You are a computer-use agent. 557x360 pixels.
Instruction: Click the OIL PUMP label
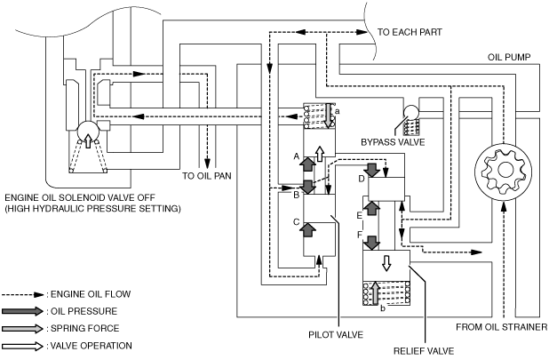(509, 57)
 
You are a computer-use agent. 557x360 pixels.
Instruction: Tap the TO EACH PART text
(410, 32)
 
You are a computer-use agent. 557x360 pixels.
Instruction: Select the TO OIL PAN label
(207, 176)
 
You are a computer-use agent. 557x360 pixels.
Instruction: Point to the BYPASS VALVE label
(393, 142)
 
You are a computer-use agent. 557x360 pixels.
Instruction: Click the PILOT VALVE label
(336, 335)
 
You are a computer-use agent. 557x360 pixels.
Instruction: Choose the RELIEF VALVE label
(424, 351)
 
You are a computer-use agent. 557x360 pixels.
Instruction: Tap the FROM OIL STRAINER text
(502, 327)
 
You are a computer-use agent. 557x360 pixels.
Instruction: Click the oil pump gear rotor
(504, 172)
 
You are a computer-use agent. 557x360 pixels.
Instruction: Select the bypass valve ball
(411, 112)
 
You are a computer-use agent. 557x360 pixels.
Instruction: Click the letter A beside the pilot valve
(297, 156)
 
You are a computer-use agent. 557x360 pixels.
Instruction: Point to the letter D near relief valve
(362, 179)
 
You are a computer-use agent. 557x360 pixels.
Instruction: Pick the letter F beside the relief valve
(360, 235)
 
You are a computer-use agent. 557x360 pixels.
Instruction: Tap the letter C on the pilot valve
(297, 222)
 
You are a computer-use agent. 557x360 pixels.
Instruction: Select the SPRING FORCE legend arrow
(22, 328)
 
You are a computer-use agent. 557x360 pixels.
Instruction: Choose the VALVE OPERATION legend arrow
(22, 346)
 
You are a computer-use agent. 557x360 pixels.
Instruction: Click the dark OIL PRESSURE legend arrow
(22, 311)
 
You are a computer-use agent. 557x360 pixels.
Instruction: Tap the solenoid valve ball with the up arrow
(88, 132)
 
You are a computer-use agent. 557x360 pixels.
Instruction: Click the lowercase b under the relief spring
(383, 308)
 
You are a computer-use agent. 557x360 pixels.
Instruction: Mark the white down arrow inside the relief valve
(386, 263)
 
